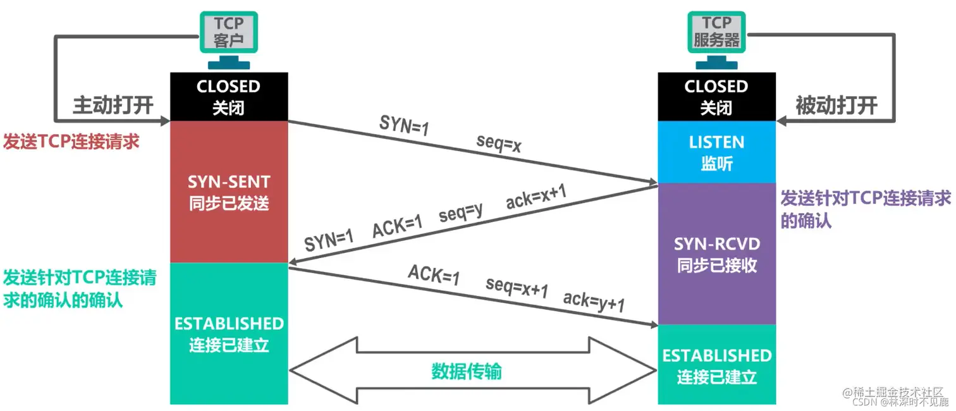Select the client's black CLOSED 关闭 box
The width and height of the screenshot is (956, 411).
[228, 97]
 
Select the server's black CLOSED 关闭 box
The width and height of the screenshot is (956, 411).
[716, 97]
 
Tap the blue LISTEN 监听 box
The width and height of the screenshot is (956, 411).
[716, 152]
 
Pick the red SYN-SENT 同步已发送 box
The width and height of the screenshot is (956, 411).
[228, 192]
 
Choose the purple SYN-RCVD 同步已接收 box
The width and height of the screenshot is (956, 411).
[716, 254]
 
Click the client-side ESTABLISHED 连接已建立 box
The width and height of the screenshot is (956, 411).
[228, 334]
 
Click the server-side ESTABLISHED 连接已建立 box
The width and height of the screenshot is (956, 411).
[716, 365]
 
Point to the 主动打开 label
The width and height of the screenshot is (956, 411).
[113, 105]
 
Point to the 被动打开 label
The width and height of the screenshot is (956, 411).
[836, 106]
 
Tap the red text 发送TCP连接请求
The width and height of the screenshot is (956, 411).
[71, 141]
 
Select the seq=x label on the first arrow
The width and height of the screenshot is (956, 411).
[499, 145]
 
